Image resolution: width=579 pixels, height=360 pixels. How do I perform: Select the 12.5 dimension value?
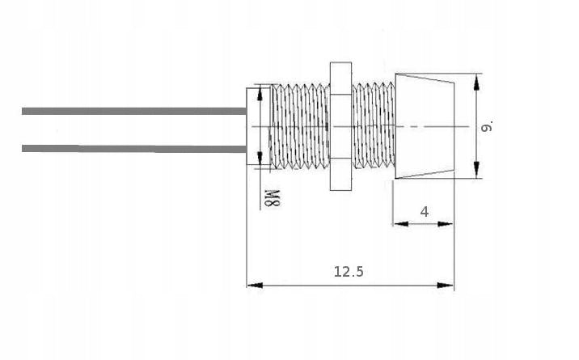click(349, 272)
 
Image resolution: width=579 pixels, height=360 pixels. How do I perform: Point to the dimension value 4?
click(425, 212)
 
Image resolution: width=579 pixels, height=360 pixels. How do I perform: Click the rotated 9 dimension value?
click(486, 126)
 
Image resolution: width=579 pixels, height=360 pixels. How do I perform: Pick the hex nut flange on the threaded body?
click(339, 126)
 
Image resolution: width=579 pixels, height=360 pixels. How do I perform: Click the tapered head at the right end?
click(424, 126)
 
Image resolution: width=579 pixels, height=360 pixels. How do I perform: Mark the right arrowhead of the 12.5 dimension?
click(447, 285)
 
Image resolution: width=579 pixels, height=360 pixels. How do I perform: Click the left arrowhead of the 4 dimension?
click(399, 224)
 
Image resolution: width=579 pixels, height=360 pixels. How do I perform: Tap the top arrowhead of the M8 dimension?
click(260, 91)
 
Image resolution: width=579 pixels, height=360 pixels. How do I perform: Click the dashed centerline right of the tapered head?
click(462, 126)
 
